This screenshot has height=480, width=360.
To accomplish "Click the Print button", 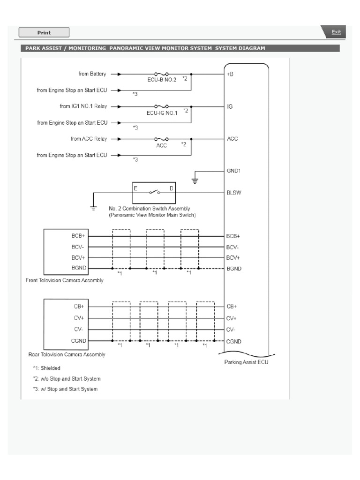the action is click(x=44, y=32).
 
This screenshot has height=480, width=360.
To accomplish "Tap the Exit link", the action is click(x=336, y=32).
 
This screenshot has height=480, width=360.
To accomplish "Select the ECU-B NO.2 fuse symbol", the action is click(x=162, y=74).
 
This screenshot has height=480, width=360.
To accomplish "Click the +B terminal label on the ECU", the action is click(x=230, y=74).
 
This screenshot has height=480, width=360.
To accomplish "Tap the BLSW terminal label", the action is click(x=234, y=193).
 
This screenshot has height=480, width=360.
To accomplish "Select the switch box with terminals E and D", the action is click(x=154, y=192).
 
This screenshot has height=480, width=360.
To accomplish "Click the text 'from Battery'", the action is click(x=92, y=74).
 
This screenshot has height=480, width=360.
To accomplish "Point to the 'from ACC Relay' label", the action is click(x=89, y=139).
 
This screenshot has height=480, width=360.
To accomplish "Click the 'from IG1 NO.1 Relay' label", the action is click(x=83, y=106).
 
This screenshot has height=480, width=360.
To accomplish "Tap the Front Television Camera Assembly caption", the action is click(x=65, y=280).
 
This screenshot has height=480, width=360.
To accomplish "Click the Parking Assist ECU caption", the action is click(x=247, y=362).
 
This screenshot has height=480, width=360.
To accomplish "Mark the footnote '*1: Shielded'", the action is click(x=46, y=368).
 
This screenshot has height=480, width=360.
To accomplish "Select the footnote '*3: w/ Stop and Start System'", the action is click(x=65, y=389).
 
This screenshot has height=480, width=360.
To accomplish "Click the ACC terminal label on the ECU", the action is click(x=232, y=139).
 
